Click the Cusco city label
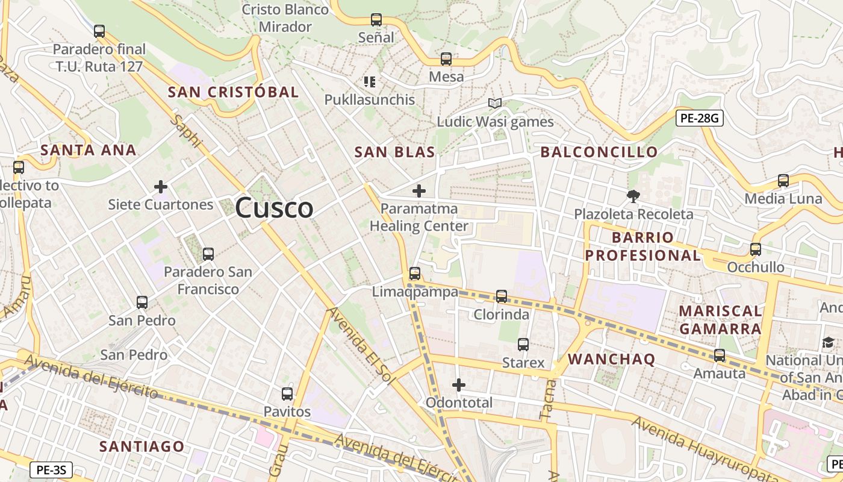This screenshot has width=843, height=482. (x=274, y=208)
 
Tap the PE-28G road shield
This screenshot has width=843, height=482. (x=698, y=118)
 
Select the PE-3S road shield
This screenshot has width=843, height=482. (x=51, y=469)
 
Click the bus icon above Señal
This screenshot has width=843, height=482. (x=376, y=20)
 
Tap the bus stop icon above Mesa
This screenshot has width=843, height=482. (x=446, y=59)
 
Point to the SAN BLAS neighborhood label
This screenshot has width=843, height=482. (x=394, y=152)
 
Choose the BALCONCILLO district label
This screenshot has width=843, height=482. (x=599, y=152)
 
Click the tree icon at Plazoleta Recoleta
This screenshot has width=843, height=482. (x=633, y=196)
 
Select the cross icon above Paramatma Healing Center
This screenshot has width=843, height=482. (x=419, y=191)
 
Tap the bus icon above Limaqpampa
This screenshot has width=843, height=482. (x=415, y=274)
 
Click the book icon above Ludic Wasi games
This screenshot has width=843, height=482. (x=495, y=104)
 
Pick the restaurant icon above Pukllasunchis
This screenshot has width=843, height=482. (x=370, y=81)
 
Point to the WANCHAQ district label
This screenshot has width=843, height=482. (x=611, y=359)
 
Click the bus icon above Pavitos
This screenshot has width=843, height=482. (x=287, y=394)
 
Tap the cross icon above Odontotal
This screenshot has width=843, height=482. (x=459, y=384)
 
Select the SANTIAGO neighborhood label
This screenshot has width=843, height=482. (x=142, y=446)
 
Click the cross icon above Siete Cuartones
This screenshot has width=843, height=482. (x=161, y=187)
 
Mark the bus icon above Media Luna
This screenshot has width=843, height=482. (x=783, y=180)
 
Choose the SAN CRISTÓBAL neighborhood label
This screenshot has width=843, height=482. (x=233, y=92)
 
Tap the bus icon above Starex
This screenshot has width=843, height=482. (x=523, y=345)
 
